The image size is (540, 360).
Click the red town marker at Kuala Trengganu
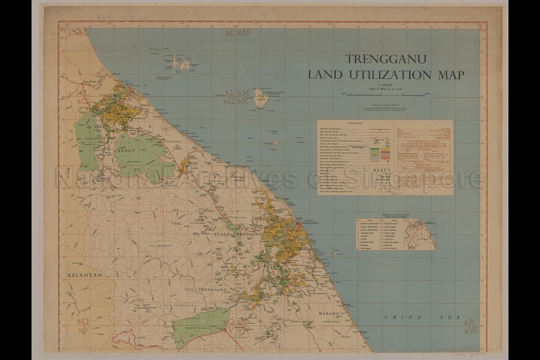pos(298,224)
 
